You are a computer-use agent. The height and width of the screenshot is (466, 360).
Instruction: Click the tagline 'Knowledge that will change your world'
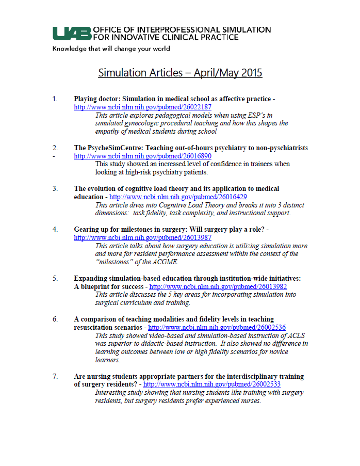point(110,49)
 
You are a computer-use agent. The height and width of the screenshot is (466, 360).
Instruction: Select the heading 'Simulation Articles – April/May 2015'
point(180,73)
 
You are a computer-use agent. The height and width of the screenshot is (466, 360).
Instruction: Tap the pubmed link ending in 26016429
point(178,197)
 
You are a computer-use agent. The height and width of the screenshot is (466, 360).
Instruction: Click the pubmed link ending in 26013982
point(218,286)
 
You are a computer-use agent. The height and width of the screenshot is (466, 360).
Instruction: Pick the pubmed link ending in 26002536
point(217,327)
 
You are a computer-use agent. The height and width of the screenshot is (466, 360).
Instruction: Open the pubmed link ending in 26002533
point(211,384)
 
